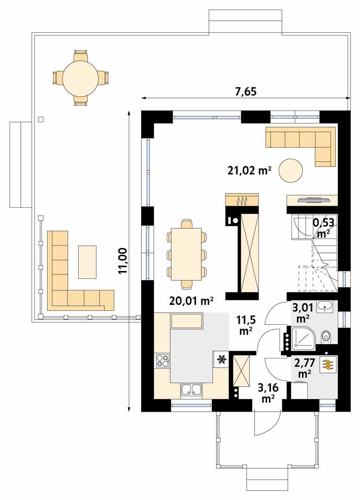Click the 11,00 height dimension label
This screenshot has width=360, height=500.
pyautogui.click(x=123, y=261)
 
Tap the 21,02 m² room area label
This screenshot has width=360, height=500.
pyautogui.click(x=248, y=171)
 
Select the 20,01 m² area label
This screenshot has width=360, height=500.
pyautogui.click(x=191, y=302)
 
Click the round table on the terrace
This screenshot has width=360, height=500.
pyautogui.click(x=81, y=76)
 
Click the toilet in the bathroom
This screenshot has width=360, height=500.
pyautogui.click(x=326, y=336)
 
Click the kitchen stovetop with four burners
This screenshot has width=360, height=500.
pyautogui.click(x=162, y=360)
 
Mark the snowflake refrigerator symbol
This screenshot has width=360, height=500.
pyautogui.click(x=221, y=358)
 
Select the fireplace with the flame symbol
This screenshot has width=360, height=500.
pyautogui.click(x=240, y=200)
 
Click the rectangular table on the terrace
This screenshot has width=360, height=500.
pyautogui.click(x=87, y=262)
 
